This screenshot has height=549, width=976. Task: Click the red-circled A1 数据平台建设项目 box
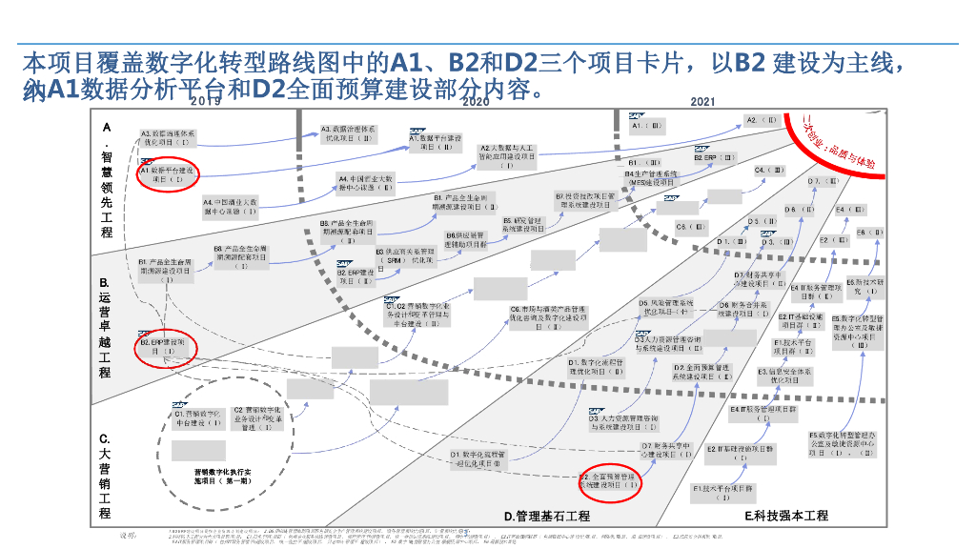tap(167, 174)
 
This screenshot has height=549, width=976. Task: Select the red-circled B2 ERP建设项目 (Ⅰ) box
tap(167, 346)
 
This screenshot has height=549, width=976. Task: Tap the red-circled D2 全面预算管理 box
tap(612, 480)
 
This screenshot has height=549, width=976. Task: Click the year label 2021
tap(702, 102)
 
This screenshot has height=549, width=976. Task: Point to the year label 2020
tap(476, 102)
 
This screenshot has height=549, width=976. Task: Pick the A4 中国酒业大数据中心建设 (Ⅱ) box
tap(366, 183)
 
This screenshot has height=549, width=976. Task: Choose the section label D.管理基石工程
tap(547, 516)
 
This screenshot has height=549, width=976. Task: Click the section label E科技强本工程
tap(786, 516)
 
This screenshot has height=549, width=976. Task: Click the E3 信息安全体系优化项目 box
tap(784, 376)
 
